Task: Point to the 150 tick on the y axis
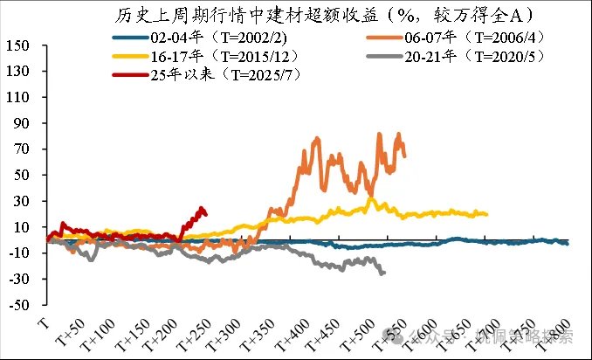(x=19, y=46)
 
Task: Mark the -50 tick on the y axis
(x=19, y=306)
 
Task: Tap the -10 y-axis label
(x=19, y=253)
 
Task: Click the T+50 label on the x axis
(x=68, y=336)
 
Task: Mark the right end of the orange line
(x=404, y=156)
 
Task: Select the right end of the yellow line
(x=486, y=214)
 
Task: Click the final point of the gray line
(x=383, y=273)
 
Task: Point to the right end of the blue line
(x=568, y=243)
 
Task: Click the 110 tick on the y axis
(x=19, y=98)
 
